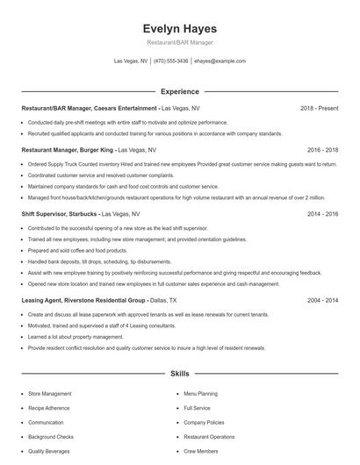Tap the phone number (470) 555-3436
point(171,61)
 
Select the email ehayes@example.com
point(220,61)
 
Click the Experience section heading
point(179,91)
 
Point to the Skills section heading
point(179,374)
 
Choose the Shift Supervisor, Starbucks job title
point(60,213)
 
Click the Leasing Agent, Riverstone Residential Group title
point(82,300)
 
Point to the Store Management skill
point(50,394)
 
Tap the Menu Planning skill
point(201,394)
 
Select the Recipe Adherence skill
point(49,408)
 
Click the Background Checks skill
point(51,436)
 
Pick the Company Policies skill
point(205,422)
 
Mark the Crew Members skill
point(202,450)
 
